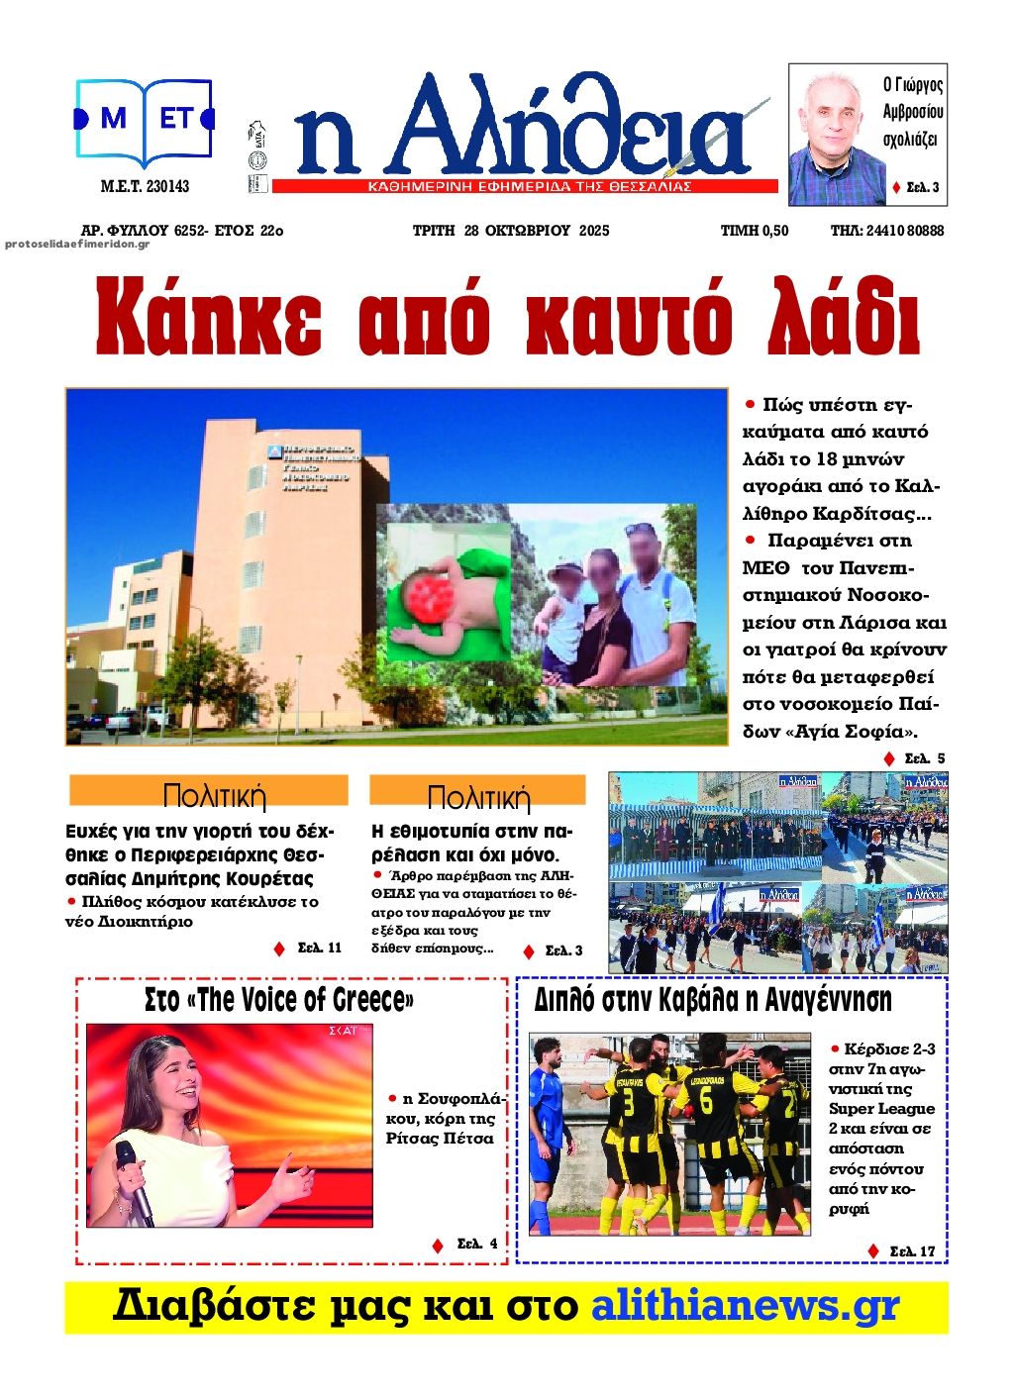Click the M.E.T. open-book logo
point(145,122)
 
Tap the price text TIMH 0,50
point(755,231)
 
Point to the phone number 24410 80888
point(904,231)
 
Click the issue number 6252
point(189,231)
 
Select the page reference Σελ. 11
point(320,948)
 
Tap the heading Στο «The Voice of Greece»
point(279,999)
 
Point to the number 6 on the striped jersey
point(706,1101)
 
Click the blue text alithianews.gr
point(745,1306)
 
